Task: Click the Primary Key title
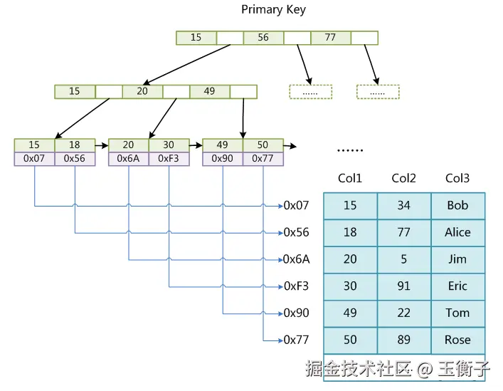[273, 9]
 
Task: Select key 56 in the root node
[263, 38]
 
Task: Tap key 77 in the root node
[330, 38]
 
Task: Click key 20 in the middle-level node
[142, 91]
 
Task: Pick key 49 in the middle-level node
[209, 91]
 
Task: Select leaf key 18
[75, 145]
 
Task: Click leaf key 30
[169, 145]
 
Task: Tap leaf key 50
[263, 145]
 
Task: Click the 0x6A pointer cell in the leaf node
[128, 159]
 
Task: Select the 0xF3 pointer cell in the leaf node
[169, 159]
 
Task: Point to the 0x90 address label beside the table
[297, 313]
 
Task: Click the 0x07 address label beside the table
[297, 206]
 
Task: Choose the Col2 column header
[403, 178]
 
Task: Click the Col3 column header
[457, 178]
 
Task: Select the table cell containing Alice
[457, 232]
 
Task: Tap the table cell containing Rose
[457, 340]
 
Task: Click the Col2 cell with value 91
[403, 286]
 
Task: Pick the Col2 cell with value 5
[403, 259]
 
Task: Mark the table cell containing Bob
[457, 206]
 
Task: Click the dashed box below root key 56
[310, 92]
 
